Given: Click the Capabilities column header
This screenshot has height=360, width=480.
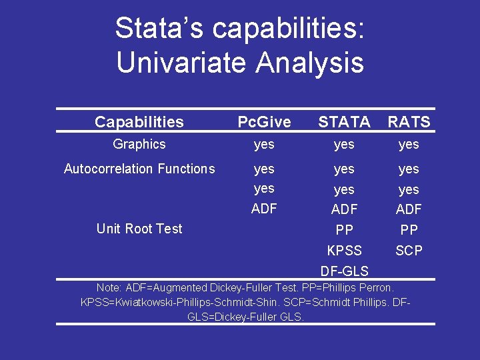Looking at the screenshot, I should [x=139, y=122].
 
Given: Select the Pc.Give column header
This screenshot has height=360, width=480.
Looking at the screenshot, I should [x=265, y=122].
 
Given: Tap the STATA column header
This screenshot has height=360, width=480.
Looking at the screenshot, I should [x=344, y=122].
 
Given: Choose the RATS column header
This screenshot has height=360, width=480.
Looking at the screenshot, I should [x=409, y=122].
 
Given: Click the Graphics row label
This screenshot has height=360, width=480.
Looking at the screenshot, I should [x=139, y=144].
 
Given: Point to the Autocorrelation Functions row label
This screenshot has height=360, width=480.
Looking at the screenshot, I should [x=139, y=169].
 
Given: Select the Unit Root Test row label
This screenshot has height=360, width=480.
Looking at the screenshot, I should [x=139, y=229].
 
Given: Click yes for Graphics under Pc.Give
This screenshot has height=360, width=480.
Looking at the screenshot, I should [x=265, y=145].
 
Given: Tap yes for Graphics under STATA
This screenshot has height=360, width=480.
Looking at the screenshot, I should [x=344, y=145].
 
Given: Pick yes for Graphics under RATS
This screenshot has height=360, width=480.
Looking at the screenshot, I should [x=409, y=145].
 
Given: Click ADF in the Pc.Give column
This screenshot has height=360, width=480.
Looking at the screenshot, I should [x=265, y=209].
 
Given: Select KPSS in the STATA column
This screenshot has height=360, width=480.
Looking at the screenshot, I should [x=344, y=251].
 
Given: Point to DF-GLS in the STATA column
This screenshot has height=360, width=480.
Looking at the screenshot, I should [x=344, y=271].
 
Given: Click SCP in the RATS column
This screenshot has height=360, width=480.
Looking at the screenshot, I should [x=409, y=251].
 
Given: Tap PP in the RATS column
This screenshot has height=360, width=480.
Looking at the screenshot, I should [x=409, y=230].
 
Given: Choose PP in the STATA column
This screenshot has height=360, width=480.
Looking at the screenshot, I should [x=344, y=230].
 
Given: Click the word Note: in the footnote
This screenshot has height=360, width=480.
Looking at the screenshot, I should [x=109, y=288].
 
